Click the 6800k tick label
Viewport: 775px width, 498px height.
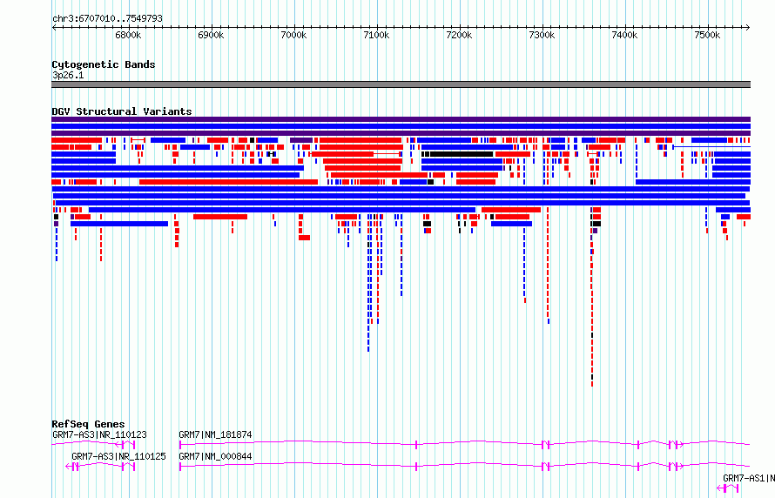click(x=129, y=35)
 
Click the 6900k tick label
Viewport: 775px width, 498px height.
click(x=211, y=35)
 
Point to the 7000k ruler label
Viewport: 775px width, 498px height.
click(x=293, y=35)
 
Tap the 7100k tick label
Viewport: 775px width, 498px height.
click(x=377, y=35)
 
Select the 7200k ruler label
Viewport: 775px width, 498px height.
click(x=459, y=35)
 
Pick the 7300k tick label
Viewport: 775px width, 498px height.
click(x=542, y=35)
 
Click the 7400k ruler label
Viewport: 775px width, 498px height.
click(x=624, y=35)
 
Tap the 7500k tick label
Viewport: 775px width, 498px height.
click(x=707, y=35)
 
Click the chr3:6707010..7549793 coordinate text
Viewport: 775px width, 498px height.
click(x=107, y=19)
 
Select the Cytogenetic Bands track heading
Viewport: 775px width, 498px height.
click(x=104, y=64)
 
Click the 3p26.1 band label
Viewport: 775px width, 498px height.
click(x=68, y=75)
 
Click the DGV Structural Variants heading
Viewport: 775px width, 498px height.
click(x=122, y=111)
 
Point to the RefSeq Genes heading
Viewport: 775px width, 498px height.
click(x=88, y=424)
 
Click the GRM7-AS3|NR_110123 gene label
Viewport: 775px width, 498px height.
click(x=99, y=434)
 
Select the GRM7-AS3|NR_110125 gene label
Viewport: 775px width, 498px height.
click(x=118, y=456)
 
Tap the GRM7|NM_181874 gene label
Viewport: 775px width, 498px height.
click(x=215, y=434)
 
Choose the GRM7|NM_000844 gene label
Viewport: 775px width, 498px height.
click(x=215, y=456)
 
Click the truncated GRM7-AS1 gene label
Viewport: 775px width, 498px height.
click(x=748, y=478)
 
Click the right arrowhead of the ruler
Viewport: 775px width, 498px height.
click(x=748, y=28)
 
